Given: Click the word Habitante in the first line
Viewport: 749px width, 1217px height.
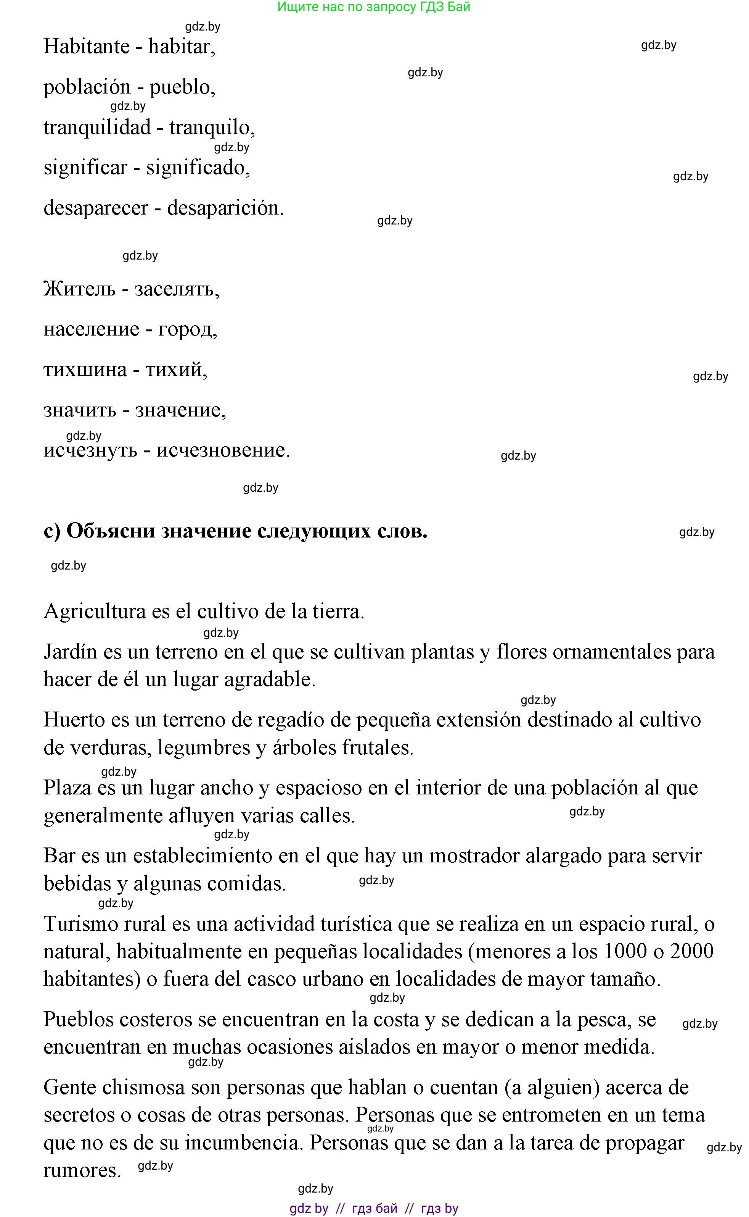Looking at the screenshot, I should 86,47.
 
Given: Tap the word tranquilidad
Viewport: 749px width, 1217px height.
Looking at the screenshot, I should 97,128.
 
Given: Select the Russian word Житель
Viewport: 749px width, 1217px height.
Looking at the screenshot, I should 79,289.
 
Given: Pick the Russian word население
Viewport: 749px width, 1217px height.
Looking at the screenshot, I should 91,329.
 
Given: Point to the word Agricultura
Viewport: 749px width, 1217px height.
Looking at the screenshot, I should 95,612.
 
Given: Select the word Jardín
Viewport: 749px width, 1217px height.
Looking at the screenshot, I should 70,652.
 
